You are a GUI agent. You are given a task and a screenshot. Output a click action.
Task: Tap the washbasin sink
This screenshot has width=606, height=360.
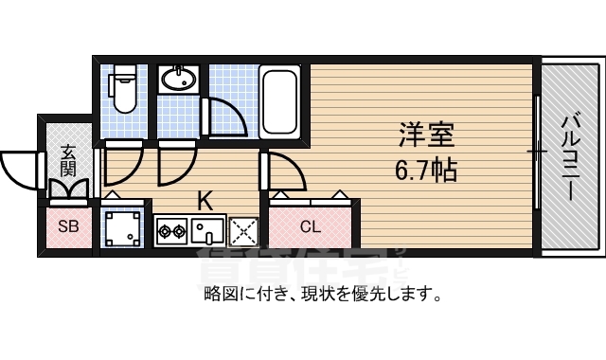click(x=177, y=80)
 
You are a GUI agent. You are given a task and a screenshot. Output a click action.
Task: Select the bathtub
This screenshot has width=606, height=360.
click(x=281, y=99)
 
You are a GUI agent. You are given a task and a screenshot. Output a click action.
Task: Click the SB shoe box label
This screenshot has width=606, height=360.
click(x=68, y=226)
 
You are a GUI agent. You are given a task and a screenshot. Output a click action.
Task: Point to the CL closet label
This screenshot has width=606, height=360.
click(x=311, y=226)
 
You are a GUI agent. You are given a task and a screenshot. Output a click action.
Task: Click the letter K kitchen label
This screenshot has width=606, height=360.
click(x=204, y=200)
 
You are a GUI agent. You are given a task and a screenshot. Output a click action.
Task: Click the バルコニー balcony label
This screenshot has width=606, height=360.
click(x=570, y=155)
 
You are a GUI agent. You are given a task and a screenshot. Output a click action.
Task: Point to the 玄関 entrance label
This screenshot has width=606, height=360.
click(x=68, y=160)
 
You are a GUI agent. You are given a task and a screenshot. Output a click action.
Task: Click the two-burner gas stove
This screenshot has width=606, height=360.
click(x=170, y=229)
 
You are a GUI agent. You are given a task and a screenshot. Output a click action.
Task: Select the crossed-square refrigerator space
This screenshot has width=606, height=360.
click(x=242, y=229)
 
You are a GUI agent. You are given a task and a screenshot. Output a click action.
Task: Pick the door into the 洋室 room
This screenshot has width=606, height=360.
click(x=285, y=172)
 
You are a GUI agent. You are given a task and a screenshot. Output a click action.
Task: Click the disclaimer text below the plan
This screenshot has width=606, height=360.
click(x=322, y=294)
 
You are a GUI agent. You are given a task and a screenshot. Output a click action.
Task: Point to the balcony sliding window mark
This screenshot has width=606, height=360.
click(x=537, y=152)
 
